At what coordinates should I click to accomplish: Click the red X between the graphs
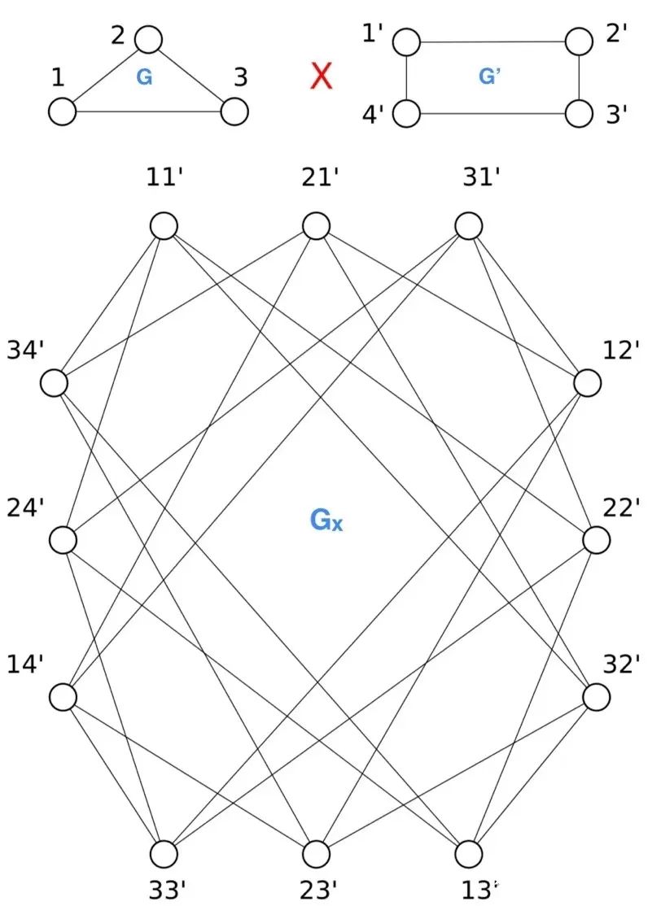pos(322,76)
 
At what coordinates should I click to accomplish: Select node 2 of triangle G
pos(148,38)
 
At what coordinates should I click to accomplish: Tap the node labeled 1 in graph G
pos(62,111)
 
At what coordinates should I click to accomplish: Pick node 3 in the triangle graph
pos(234,111)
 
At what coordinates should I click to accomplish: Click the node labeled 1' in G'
pos(406,41)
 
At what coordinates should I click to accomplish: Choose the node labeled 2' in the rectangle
pos(578,41)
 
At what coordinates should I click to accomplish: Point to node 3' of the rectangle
pos(578,113)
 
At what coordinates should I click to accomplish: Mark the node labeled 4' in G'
pos(406,113)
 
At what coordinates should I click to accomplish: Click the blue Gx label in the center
pos(326,520)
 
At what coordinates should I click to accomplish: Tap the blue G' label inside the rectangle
pos(489,76)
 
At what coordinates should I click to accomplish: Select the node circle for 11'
pos(164,225)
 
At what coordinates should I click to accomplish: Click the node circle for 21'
pos(316,225)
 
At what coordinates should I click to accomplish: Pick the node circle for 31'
pos(468,225)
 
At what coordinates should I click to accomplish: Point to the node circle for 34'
pos(55,382)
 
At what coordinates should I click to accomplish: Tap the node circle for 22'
pos(597,539)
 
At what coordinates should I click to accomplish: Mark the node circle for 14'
pos(63,697)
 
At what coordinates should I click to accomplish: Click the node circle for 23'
pos(316,854)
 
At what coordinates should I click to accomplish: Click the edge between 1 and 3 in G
pos(148,112)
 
